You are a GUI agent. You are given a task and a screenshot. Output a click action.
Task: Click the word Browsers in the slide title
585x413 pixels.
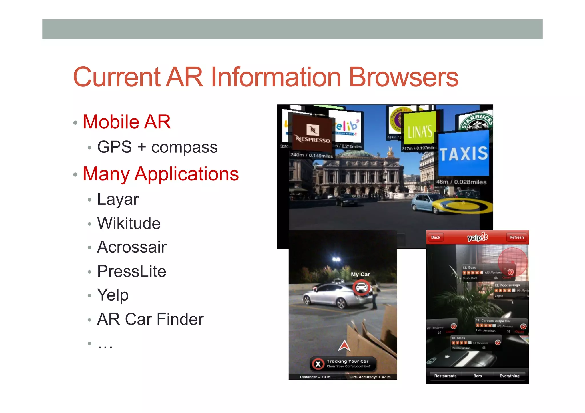click(403, 77)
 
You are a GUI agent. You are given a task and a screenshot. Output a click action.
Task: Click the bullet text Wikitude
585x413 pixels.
click(129, 223)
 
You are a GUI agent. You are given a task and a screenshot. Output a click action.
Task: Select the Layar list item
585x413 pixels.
click(118, 199)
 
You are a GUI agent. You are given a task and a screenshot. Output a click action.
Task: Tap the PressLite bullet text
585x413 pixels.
click(131, 271)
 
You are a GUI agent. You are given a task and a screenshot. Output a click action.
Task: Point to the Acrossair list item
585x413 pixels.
click(132, 247)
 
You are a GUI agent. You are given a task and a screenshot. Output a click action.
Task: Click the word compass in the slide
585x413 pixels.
click(184, 148)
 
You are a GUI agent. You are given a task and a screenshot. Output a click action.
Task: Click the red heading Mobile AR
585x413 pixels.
click(127, 122)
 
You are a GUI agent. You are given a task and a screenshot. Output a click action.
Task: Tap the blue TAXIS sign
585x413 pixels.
click(463, 154)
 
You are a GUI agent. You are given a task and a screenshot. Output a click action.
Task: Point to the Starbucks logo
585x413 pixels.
click(476, 122)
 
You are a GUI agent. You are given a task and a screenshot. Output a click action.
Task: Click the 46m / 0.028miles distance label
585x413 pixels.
click(461, 182)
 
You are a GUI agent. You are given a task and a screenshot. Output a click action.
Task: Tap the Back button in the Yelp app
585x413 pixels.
click(435, 237)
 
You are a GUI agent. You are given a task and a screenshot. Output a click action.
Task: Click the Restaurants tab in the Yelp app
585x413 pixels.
click(445, 376)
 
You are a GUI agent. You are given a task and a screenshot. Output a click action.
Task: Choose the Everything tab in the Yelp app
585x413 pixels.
click(509, 376)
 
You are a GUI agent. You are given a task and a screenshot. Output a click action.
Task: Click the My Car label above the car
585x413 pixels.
click(360, 274)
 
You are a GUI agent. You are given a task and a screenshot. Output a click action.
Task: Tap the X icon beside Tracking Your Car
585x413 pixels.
click(318, 364)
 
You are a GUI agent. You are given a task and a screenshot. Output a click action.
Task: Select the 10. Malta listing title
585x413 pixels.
click(458, 338)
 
